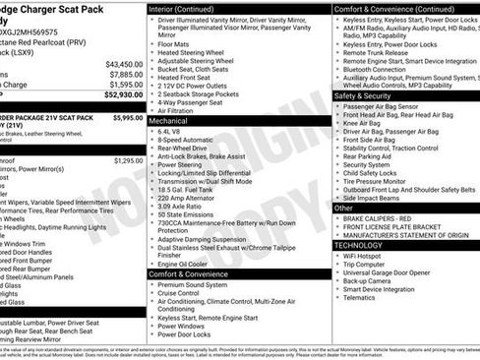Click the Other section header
[x=345, y=208]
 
